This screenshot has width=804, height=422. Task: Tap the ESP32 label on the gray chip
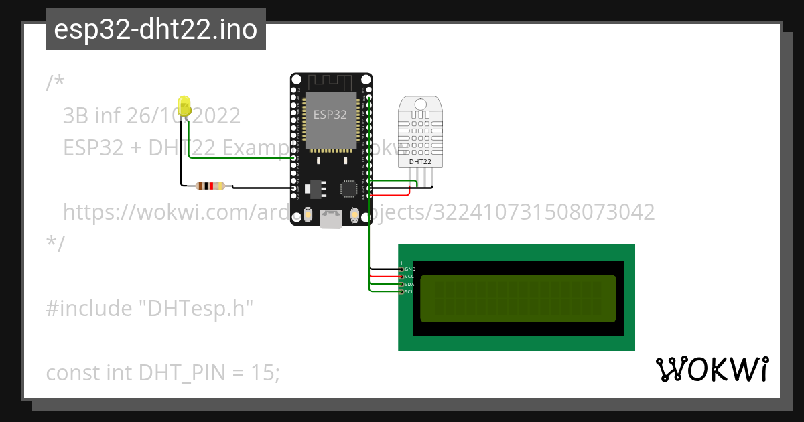[x=330, y=114]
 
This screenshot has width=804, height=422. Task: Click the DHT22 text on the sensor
[x=420, y=161]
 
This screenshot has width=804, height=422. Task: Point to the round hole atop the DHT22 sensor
[x=420, y=104]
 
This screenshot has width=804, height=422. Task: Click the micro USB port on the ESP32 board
[x=330, y=218]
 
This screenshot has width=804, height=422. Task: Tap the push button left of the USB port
[x=309, y=214]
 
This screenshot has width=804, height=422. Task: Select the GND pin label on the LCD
[x=411, y=269]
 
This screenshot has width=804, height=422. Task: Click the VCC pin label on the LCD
[x=410, y=277]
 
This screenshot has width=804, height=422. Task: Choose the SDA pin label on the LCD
[x=410, y=285]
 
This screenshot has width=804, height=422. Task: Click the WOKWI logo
[x=712, y=370]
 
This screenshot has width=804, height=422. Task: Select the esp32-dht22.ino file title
[x=155, y=30]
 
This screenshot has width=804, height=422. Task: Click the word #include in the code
[x=88, y=309]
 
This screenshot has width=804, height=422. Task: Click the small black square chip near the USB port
[x=348, y=188]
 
